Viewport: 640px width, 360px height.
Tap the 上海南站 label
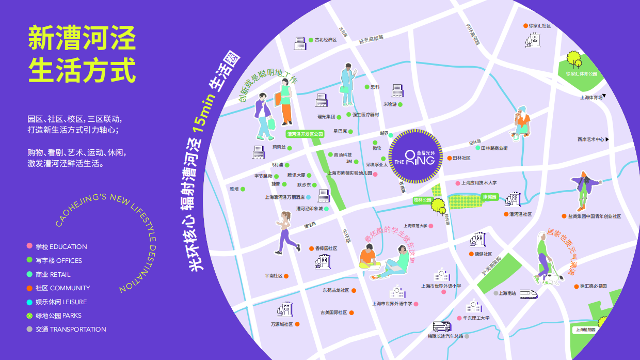pyautogui.click(x=507, y=293)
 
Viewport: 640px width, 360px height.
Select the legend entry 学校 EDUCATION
pyautogui.click(x=61, y=247)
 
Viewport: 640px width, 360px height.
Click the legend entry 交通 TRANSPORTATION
pyautogui.click(x=71, y=330)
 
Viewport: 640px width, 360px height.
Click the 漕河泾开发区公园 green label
pyautogui.click(x=305, y=134)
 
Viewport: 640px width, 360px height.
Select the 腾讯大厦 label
pyautogui.click(x=296, y=175)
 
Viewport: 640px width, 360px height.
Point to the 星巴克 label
pyautogui.click(x=340, y=131)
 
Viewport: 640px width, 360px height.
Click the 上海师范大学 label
pyautogui.click(x=415, y=226)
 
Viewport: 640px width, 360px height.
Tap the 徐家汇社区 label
pyautogui.click(x=540, y=26)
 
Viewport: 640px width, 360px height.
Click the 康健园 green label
pyautogui.click(x=489, y=197)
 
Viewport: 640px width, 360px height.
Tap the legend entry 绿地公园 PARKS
pyautogui.click(x=58, y=316)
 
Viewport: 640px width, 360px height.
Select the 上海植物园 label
pyautogui.click(x=585, y=330)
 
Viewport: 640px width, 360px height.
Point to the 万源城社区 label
pyautogui.click(x=281, y=324)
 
